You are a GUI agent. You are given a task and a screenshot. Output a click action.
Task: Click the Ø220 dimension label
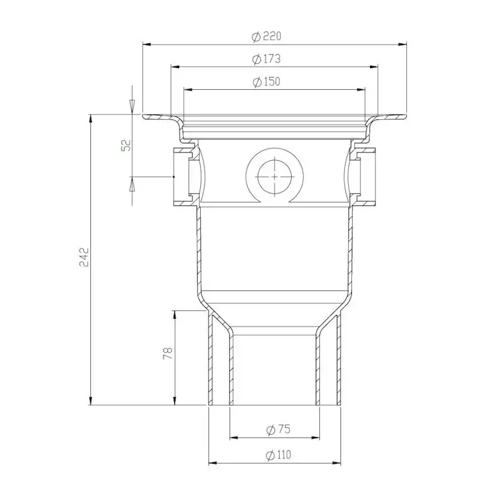tap(266, 37)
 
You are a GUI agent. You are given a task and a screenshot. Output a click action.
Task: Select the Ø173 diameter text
tap(266, 59)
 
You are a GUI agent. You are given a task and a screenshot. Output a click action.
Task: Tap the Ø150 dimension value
tap(266, 82)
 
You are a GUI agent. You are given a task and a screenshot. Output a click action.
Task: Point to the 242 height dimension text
tap(84, 257)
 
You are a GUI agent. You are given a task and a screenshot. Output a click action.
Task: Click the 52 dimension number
tap(127, 145)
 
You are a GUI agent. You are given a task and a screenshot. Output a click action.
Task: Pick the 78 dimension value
tap(168, 353)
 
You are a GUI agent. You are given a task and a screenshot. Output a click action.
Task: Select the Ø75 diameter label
tap(278, 430)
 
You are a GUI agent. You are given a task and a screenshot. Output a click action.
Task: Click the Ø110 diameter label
tap(278, 455)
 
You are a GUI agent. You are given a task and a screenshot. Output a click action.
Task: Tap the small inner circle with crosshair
tap(274, 177)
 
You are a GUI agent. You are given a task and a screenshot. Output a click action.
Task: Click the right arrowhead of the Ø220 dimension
tap(403, 45)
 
